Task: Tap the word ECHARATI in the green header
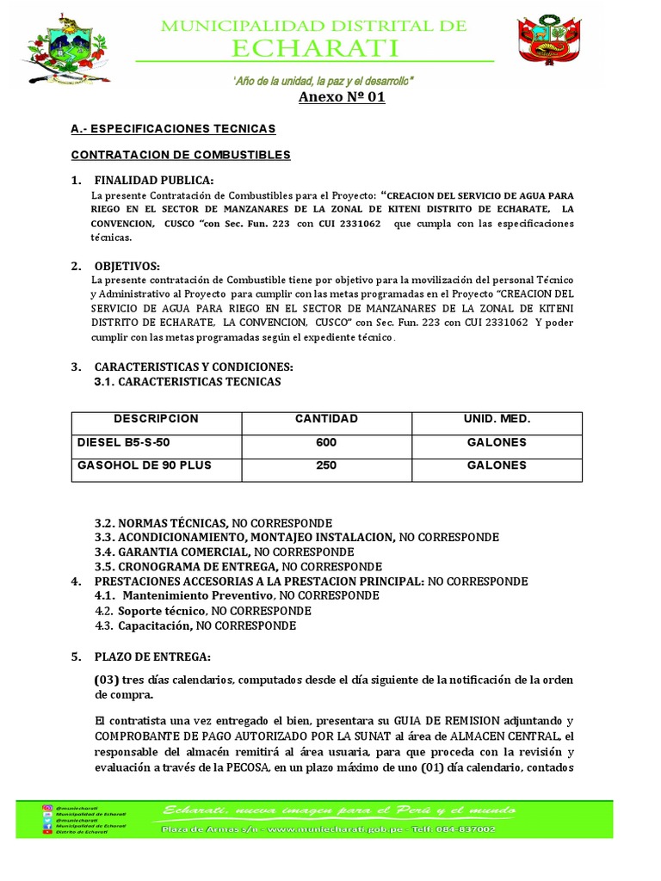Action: click(314, 48)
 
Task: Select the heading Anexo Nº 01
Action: click(342, 97)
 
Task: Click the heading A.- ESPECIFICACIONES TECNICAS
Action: click(172, 128)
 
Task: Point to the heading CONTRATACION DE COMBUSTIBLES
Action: click(180, 155)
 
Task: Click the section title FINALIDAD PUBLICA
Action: click(154, 181)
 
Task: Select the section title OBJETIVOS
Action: click(127, 266)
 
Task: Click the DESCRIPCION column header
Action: click(156, 419)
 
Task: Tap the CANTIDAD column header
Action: click(326, 419)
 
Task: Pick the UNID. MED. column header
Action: click(497, 419)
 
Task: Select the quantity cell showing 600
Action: click(326, 442)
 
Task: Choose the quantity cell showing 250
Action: click(326, 465)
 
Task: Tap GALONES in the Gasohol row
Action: click(497, 465)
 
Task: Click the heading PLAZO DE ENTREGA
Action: click(152, 656)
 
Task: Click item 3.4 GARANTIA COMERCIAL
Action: click(172, 551)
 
